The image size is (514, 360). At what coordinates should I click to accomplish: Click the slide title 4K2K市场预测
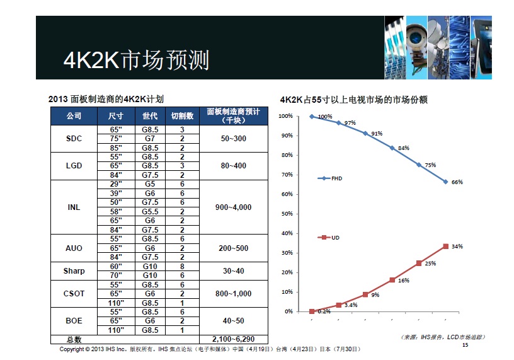[136, 61]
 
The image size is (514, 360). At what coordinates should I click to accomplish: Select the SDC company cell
[74, 139]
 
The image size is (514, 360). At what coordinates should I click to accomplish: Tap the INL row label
[74, 207]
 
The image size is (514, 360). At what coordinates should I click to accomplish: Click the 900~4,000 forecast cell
[232, 207]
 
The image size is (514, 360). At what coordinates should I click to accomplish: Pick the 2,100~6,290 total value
[234, 340]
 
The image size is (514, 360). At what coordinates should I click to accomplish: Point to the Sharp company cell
[74, 271]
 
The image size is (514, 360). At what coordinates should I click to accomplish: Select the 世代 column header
[150, 116]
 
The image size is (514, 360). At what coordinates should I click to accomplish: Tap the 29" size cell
[115, 184]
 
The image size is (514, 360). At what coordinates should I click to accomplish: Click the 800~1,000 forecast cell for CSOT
[232, 294]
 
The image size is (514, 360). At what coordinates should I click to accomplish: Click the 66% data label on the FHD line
[457, 182]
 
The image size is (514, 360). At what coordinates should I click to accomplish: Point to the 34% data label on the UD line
[457, 247]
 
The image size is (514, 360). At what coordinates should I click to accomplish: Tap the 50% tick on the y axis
[286, 214]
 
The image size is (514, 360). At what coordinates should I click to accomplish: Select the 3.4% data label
[351, 305]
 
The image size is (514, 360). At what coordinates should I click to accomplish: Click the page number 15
[466, 345]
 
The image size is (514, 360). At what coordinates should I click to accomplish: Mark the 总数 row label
[74, 340]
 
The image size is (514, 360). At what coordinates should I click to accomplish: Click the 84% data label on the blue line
[404, 148]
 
